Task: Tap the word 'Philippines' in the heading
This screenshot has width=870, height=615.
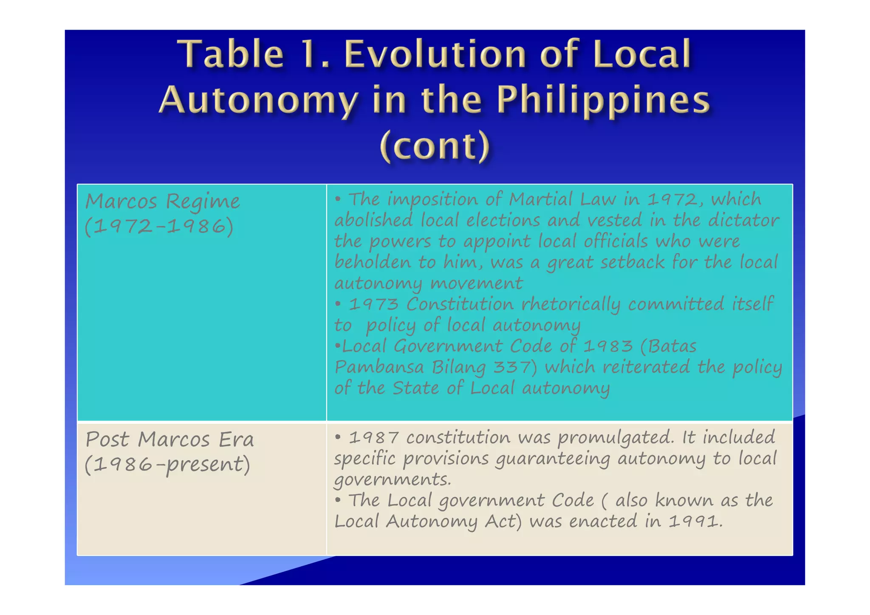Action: click(603, 100)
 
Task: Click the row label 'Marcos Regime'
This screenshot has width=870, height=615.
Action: click(162, 201)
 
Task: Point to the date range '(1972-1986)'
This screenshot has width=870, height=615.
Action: click(159, 226)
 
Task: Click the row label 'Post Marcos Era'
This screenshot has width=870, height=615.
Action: click(169, 439)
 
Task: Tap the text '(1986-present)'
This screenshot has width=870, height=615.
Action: click(167, 464)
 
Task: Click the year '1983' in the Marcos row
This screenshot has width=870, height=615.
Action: click(607, 346)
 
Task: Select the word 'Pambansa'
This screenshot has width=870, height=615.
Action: click(379, 367)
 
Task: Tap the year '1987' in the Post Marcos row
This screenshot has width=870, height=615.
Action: click(373, 438)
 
